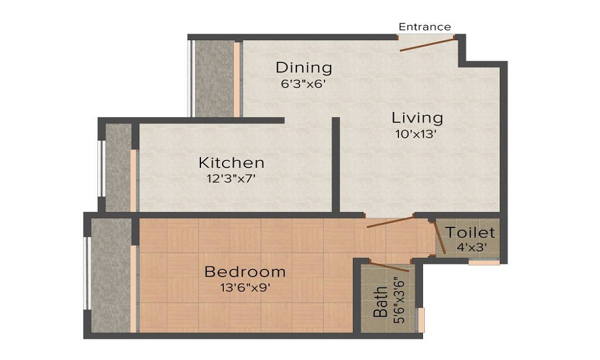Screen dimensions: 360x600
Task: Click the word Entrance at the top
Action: (x=425, y=27)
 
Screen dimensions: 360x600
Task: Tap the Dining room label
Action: (x=304, y=67)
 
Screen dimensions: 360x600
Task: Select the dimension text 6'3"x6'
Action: (x=303, y=84)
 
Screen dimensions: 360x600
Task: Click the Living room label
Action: (x=417, y=118)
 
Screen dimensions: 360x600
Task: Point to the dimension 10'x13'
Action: (x=415, y=134)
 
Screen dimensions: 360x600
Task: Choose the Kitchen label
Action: (x=232, y=163)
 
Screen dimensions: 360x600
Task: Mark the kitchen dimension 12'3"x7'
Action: (x=231, y=178)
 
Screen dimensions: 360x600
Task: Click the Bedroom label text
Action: (x=245, y=272)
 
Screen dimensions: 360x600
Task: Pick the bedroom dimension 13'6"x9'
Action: (x=245, y=287)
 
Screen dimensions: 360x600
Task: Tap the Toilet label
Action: (x=470, y=232)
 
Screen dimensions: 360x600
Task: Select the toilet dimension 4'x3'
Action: (x=470, y=247)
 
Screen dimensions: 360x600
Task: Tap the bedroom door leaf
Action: (x=390, y=223)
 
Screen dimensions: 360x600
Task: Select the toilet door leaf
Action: (x=439, y=237)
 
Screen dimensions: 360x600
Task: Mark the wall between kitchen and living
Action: (x=336, y=164)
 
